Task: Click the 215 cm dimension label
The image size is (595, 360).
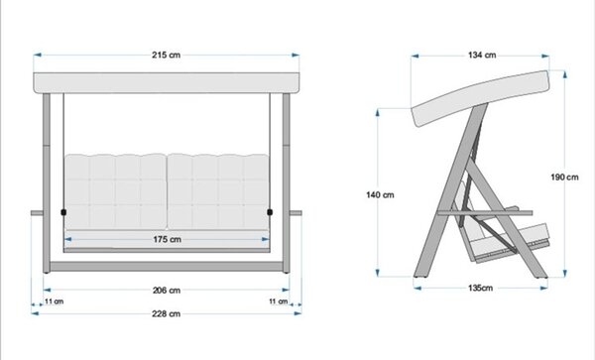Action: click(167, 55)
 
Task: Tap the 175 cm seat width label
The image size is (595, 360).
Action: click(167, 239)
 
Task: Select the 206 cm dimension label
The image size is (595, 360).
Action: click(167, 291)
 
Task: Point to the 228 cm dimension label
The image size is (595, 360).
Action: click(166, 313)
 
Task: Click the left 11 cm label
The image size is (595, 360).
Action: click(55, 301)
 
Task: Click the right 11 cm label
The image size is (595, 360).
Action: click(279, 301)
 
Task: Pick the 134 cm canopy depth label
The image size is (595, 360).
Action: click(482, 55)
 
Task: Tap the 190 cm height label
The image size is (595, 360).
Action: click(564, 178)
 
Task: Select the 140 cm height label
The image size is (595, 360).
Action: click(380, 195)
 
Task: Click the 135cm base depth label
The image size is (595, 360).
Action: click(480, 288)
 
